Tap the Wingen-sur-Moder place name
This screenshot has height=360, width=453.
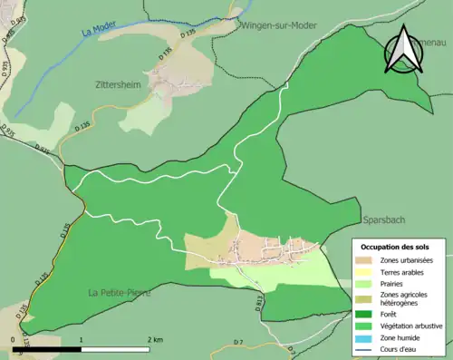pyautogui.click(x=278, y=25)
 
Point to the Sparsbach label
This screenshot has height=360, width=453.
pyautogui.click(x=384, y=220)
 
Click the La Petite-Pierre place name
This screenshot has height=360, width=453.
pyautogui.click(x=119, y=293)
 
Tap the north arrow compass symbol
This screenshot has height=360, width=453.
pyautogui.click(x=403, y=49)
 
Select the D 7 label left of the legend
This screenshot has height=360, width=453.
pyautogui.click(x=238, y=341)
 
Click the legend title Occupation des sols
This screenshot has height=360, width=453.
pyautogui.click(x=395, y=247)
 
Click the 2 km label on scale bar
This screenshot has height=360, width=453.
pyautogui.click(x=155, y=339)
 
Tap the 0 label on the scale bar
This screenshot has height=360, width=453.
pyautogui.click(x=14, y=339)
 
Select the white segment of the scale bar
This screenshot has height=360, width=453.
pyautogui.click(x=117, y=348)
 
